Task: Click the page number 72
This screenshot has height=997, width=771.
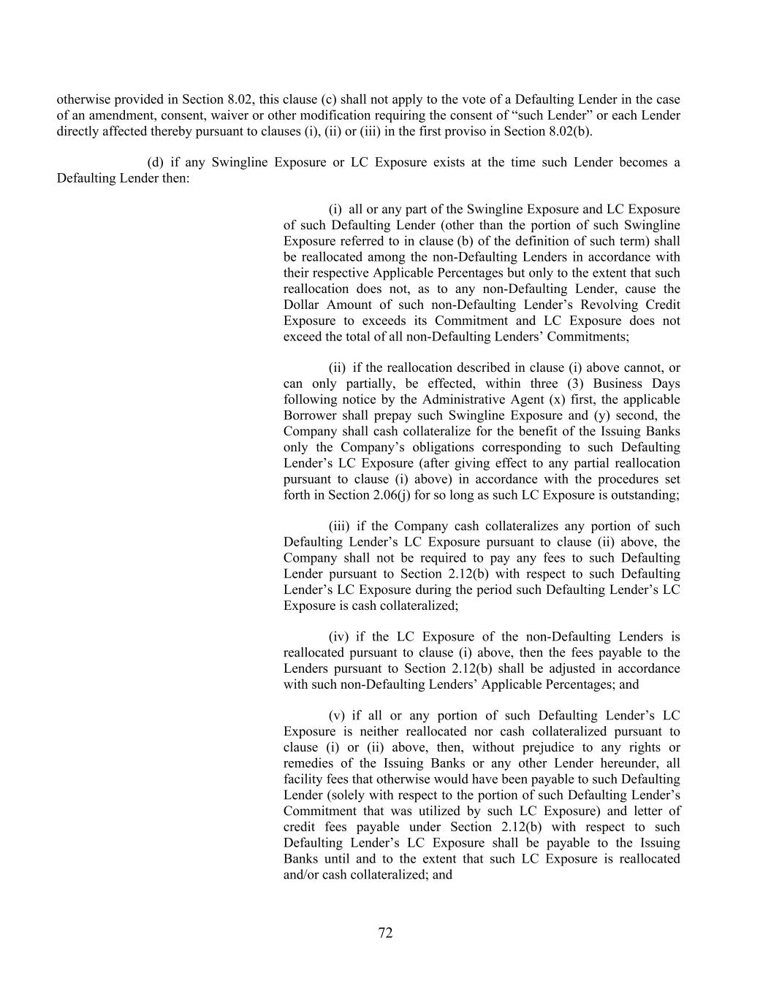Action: (386, 933)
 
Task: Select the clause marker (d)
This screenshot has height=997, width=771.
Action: (155, 162)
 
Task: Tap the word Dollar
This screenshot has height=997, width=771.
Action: (302, 305)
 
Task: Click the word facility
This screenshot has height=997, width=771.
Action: (300, 779)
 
